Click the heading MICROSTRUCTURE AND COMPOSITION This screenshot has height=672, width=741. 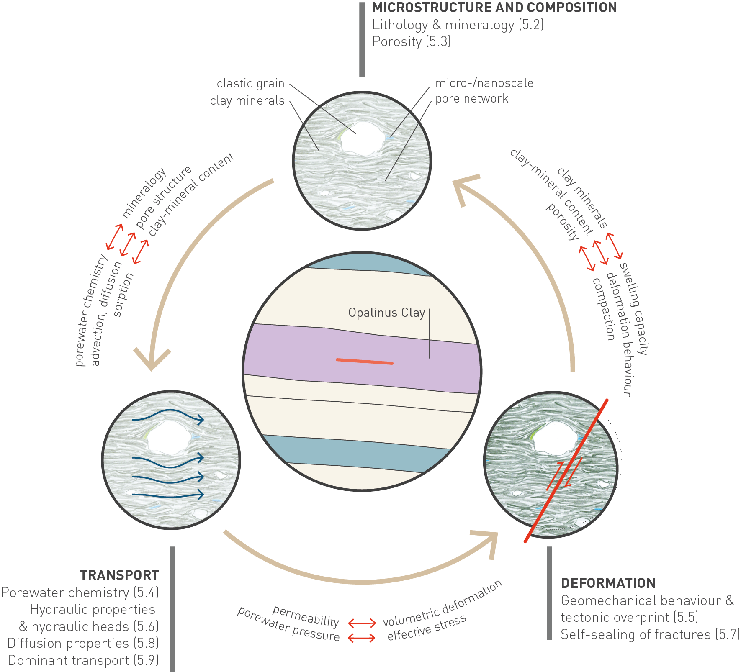[494, 8]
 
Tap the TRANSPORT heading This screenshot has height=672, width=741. [119, 575]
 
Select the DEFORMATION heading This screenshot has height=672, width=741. [608, 583]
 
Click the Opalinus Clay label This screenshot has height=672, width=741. [386, 313]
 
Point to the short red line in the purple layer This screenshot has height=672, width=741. [364, 361]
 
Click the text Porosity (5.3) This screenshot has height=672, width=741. [411, 42]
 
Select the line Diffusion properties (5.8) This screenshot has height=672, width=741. [83, 643]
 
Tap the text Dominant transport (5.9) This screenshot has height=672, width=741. [83, 660]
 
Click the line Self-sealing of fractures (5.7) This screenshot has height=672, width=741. [650, 634]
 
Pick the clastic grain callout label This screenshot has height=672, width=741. [250, 84]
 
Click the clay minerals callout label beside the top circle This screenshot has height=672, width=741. [247, 101]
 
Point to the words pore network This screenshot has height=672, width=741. [471, 99]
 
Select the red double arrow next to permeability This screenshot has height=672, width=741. [362, 623]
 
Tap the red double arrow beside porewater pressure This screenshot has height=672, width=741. [362, 638]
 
